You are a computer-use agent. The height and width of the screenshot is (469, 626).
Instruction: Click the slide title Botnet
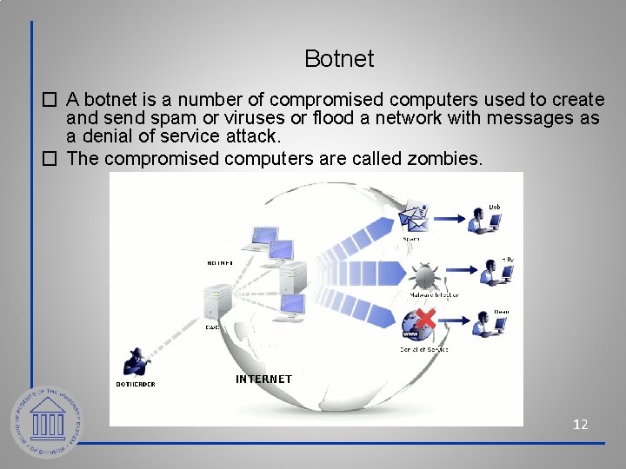339,59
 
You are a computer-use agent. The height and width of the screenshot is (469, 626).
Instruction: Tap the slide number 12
580,424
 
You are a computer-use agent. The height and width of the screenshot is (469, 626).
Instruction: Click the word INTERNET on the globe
263,380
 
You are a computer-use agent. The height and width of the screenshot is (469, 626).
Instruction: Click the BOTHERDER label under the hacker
136,384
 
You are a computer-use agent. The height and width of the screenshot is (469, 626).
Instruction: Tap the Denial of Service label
423,349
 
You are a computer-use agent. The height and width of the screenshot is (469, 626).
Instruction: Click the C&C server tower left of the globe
214,304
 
